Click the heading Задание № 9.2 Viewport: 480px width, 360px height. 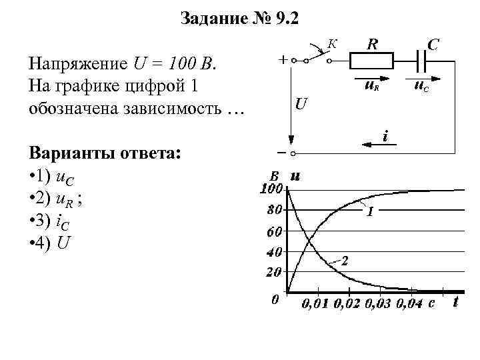point(240,19)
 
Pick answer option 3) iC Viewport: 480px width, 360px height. point(51,221)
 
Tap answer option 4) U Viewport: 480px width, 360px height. point(49,242)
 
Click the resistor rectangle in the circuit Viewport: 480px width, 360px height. point(373,62)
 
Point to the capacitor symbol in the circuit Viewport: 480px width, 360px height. point(421,62)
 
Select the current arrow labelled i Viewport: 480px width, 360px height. point(377,143)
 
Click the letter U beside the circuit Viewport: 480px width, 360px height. point(301,105)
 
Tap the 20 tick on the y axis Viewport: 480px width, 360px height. point(274,272)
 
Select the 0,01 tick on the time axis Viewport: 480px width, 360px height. point(316,304)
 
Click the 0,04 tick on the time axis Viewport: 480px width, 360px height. point(409,304)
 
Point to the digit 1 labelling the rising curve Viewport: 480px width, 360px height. point(369,213)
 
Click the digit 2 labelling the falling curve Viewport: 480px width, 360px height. point(345,261)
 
